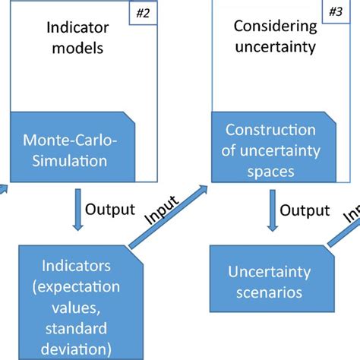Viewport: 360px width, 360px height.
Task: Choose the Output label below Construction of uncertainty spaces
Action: pyautogui.click(x=303, y=207)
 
